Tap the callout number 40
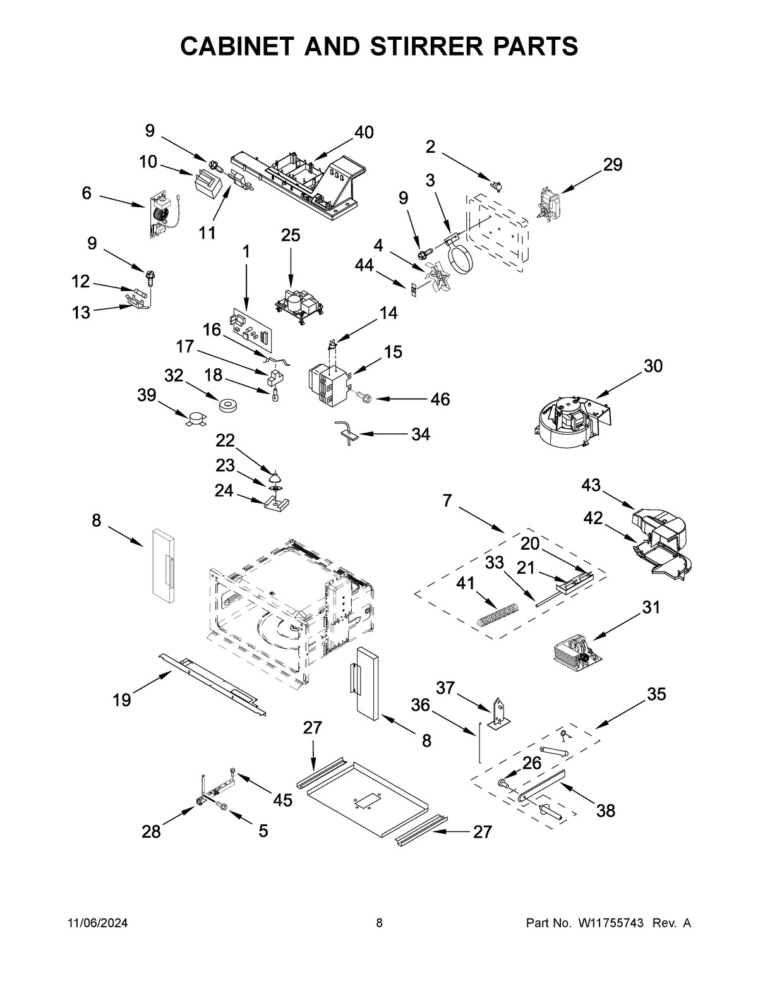363,132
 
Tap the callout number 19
122,699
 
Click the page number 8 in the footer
379,923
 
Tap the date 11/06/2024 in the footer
97,923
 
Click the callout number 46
440,399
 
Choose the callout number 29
612,164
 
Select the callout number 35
656,694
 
